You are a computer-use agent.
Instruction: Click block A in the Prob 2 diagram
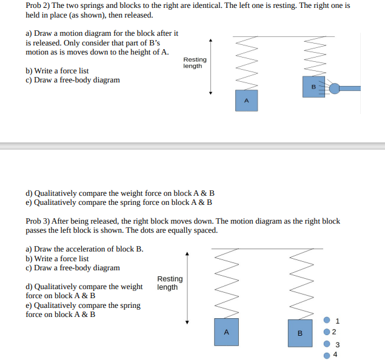[246, 100]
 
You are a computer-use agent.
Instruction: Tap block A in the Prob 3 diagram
[226, 332]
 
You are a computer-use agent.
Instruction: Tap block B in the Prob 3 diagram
[300, 333]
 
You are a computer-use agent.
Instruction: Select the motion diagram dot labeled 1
[327, 320]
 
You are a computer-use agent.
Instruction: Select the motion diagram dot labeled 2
[327, 332]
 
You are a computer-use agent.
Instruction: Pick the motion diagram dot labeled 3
[327, 344]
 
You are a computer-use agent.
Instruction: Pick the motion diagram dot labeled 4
[327, 355]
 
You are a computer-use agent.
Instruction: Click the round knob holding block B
[335, 89]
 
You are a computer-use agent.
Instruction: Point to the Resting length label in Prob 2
[195, 62]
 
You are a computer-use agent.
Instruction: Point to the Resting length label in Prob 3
[170, 282]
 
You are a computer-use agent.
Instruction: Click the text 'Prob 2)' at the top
[38, 5]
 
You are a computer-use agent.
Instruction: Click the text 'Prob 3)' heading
[38, 221]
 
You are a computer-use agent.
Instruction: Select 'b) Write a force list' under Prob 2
[57, 71]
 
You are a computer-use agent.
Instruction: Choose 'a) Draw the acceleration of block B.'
[84, 249]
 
